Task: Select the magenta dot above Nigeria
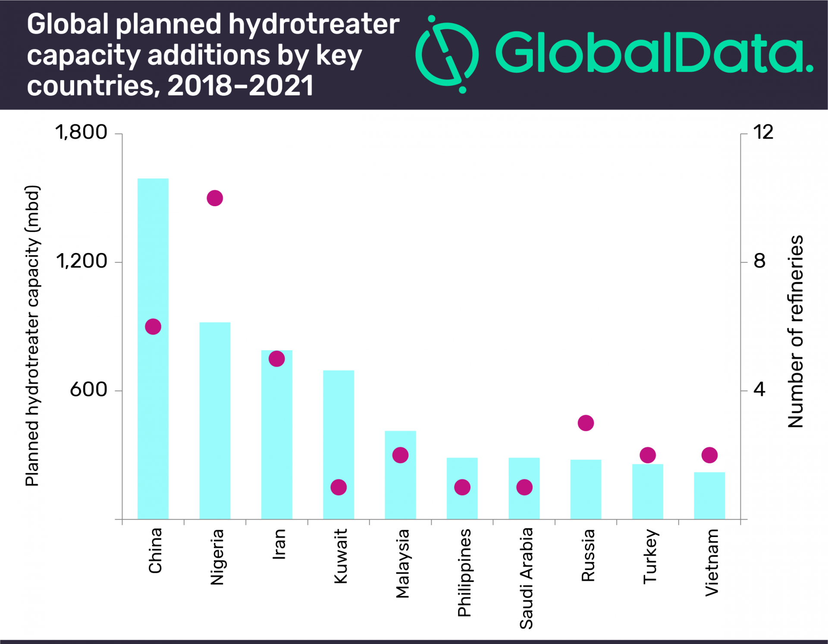pos(215,198)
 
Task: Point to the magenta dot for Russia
pos(586,423)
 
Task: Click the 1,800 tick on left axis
pos(81,132)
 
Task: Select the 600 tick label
pos(88,390)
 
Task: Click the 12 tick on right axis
pos(763,132)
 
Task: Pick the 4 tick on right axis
pos(759,390)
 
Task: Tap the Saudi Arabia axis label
pos(526,578)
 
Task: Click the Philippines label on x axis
pos(464,573)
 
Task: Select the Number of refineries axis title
pos(796,331)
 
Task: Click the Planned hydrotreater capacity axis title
pos(32,336)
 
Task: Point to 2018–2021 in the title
pos(240,86)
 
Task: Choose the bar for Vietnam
pos(709,496)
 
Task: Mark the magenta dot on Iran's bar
pos(277,359)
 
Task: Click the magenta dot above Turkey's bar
pos(648,455)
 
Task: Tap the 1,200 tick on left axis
pos(82,261)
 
